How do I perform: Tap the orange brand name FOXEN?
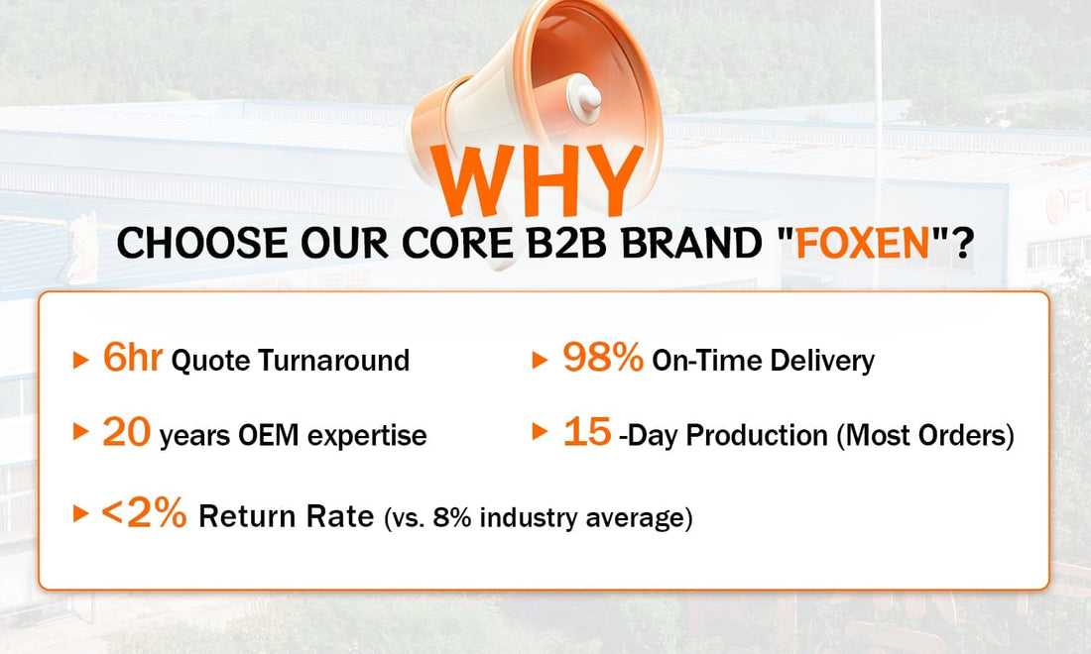(x=863, y=243)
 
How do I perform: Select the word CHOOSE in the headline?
(x=201, y=243)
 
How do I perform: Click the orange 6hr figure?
(x=132, y=358)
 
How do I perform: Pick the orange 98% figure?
(x=603, y=358)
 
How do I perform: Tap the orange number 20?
(x=127, y=432)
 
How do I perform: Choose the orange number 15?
(x=587, y=432)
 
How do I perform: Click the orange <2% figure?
(x=144, y=513)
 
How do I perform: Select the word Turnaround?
(x=334, y=361)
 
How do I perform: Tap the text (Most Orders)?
(x=925, y=436)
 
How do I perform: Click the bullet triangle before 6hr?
(x=80, y=360)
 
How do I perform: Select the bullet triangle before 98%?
(x=540, y=360)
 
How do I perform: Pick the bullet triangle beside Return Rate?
(x=80, y=513)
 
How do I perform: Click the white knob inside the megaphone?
(x=583, y=96)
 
